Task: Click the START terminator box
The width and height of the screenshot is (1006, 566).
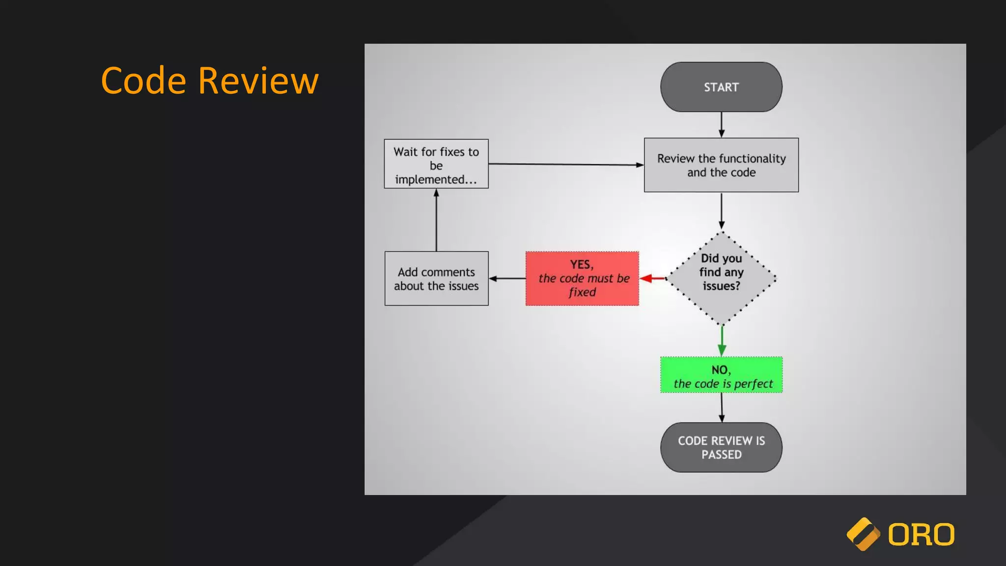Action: point(721,87)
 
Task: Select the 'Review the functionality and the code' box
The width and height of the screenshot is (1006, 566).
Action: point(721,165)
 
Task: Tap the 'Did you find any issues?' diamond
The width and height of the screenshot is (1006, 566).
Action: point(721,278)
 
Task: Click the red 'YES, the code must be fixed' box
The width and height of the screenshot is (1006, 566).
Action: point(582,279)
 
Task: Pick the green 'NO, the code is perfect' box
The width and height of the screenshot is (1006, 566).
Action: point(721,375)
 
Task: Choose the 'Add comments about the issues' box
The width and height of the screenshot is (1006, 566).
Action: point(436,279)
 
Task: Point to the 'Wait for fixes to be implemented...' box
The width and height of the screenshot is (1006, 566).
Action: point(436,164)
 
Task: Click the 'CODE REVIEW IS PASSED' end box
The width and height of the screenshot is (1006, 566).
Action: point(721,447)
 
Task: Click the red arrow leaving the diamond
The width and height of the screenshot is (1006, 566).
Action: point(653,279)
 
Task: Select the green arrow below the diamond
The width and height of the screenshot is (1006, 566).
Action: point(722,340)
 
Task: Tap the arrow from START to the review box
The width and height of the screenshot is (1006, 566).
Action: point(721,124)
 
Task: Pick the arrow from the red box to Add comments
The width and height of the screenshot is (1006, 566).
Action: point(507,279)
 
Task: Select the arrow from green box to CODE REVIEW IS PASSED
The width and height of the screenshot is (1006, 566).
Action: point(722,407)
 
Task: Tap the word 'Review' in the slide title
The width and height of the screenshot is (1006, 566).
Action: point(258,81)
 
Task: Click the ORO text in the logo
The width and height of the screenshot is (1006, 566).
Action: point(921,535)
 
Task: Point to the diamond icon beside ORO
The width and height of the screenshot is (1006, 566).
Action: point(863,534)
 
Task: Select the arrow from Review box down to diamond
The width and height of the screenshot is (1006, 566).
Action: point(721,211)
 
